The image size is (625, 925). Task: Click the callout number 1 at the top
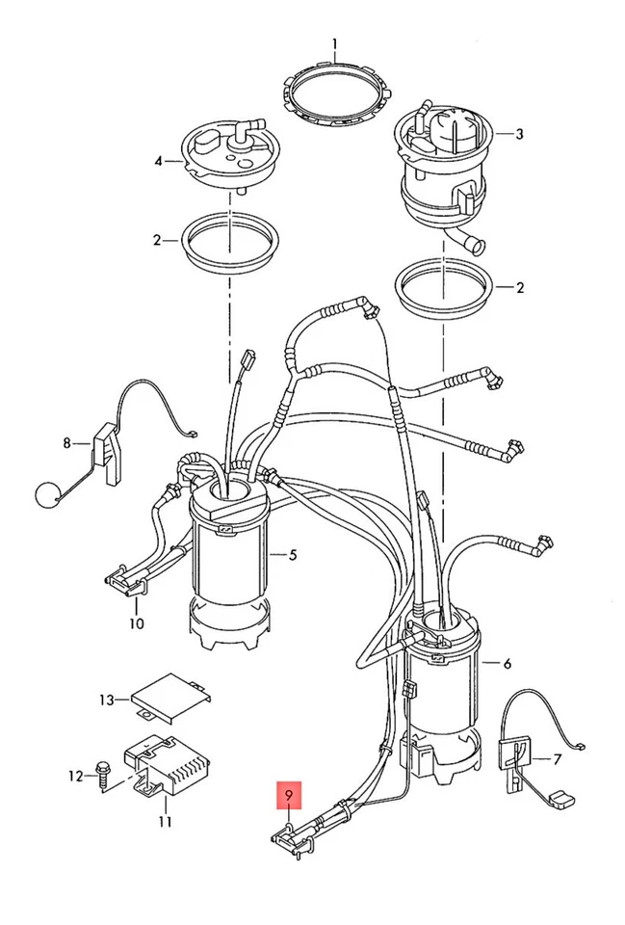[335, 44]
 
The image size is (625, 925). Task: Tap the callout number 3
[519, 134]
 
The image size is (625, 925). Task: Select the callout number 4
[158, 161]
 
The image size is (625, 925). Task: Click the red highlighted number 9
[289, 796]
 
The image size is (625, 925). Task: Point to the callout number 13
[106, 700]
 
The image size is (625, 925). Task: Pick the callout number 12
[75, 776]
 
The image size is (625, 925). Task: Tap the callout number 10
[136, 623]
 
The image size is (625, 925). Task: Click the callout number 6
[508, 664]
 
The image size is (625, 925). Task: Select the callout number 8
[67, 442]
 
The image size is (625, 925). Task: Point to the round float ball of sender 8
[45, 494]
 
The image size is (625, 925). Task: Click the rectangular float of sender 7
[560, 800]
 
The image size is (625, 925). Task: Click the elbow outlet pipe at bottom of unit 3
[465, 240]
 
